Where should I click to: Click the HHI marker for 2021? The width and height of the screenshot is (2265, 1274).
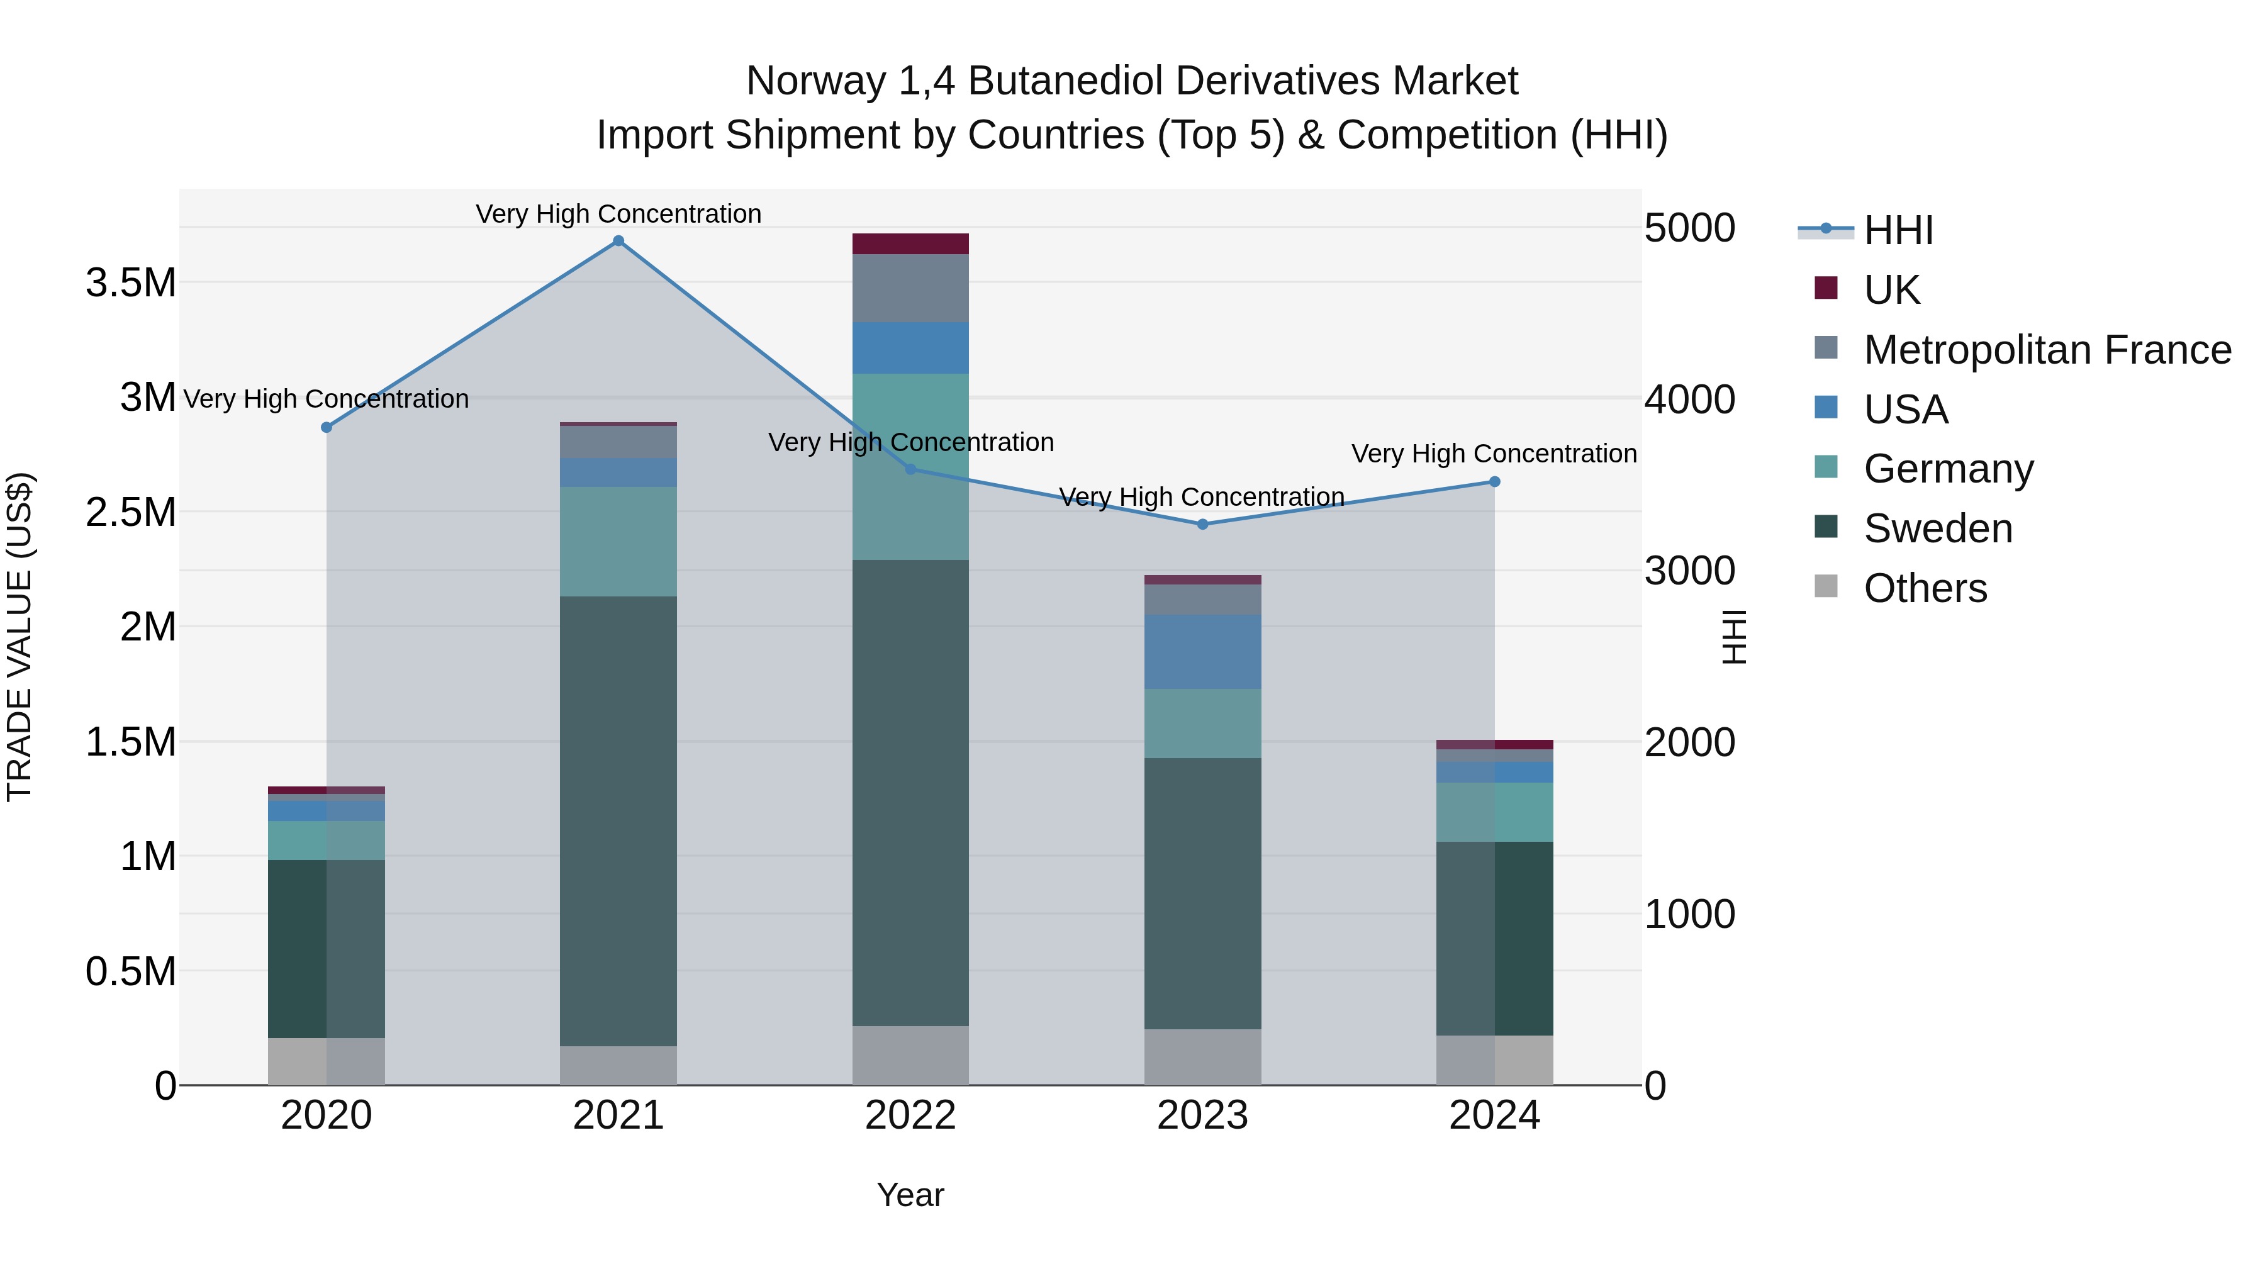click(x=618, y=241)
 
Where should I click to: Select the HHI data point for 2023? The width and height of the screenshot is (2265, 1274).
click(x=1202, y=524)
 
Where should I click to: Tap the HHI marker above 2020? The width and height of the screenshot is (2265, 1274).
click(x=326, y=427)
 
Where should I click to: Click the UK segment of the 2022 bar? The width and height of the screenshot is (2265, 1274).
click(x=910, y=243)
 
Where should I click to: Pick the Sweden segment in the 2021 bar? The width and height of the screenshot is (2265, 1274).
click(x=618, y=820)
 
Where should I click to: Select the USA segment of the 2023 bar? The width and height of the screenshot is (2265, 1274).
click(x=1202, y=652)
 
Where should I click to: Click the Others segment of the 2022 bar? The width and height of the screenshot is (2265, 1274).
click(x=910, y=1055)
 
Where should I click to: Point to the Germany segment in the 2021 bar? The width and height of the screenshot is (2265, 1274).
click(x=618, y=542)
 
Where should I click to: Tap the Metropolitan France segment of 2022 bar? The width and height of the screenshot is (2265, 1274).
click(x=910, y=288)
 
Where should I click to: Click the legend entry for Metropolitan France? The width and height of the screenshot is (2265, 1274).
click(x=2046, y=350)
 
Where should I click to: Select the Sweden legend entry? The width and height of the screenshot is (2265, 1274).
click(x=1937, y=528)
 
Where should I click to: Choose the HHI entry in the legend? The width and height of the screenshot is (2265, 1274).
click(x=1898, y=230)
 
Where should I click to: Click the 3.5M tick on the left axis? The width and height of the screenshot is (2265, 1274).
click(x=130, y=283)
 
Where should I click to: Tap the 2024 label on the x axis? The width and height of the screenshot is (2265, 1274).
click(x=1494, y=1115)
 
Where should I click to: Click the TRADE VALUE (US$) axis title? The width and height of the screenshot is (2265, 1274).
click(x=20, y=637)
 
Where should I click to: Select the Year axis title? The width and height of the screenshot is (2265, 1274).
click(x=910, y=1195)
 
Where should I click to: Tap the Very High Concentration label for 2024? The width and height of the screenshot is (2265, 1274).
click(x=1493, y=454)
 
